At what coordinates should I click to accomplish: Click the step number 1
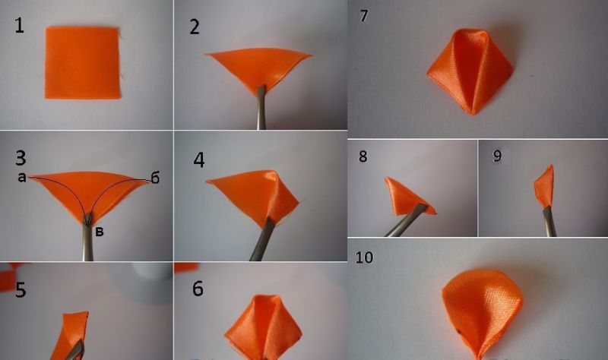(19, 26)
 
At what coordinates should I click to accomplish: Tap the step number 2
(195, 27)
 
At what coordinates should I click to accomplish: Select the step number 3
(21, 158)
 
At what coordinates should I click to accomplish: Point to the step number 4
(199, 159)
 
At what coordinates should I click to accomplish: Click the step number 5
(21, 290)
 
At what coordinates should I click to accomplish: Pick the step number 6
(198, 289)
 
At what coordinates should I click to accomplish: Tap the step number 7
(364, 16)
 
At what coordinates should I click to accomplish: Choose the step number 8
(363, 156)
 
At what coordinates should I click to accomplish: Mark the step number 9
(497, 156)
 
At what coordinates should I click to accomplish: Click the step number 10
(364, 257)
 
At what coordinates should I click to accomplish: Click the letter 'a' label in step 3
(22, 178)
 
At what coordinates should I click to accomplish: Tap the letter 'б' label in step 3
(155, 178)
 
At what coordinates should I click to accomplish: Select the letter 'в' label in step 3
(100, 232)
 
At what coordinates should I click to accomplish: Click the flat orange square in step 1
(82, 63)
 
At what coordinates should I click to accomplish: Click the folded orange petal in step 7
(470, 71)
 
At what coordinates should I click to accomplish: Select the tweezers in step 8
(407, 221)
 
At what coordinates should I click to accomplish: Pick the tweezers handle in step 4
(262, 239)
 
